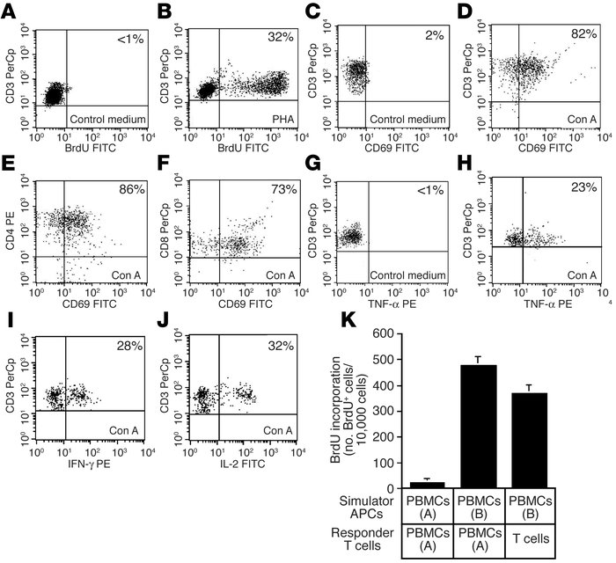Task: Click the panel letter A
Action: coord(9,11)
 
